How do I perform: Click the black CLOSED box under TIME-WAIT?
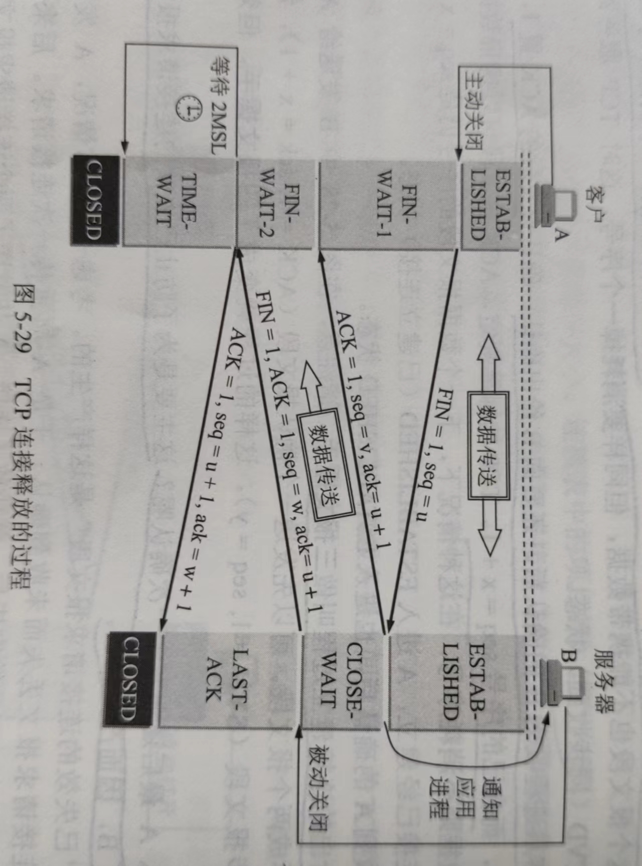[x=95, y=199]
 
